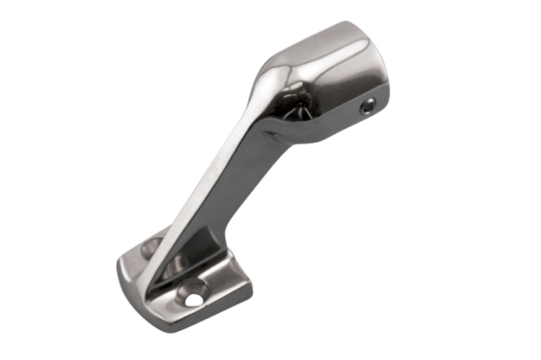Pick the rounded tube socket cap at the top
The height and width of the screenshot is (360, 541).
coord(325,79)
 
